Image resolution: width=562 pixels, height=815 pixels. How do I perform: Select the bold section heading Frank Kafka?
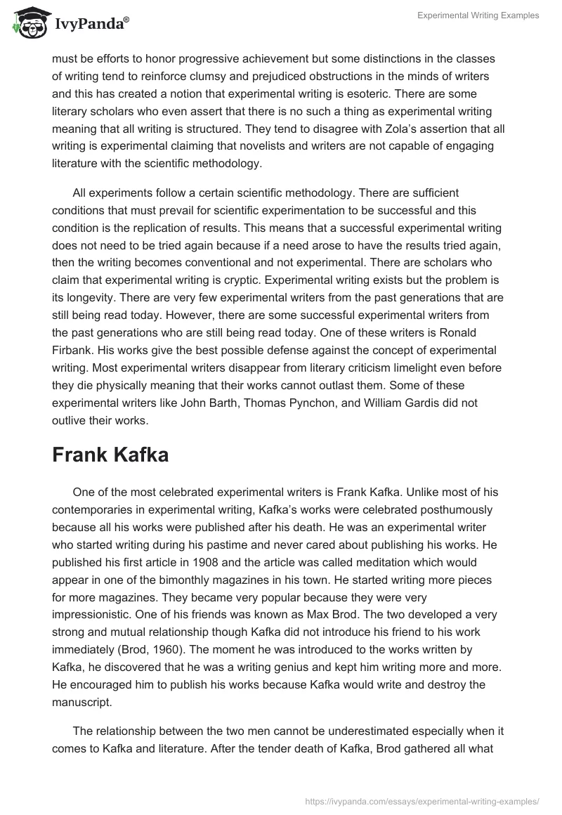point(110,455)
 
